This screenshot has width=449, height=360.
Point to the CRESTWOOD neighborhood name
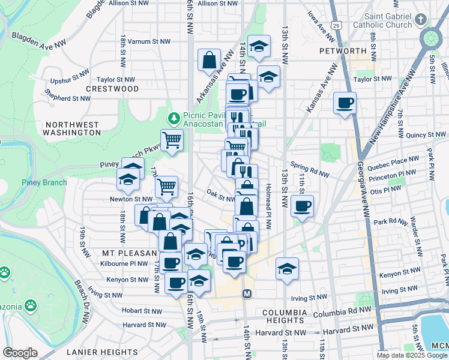tap(112, 89)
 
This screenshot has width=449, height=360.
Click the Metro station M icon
tap(246, 294)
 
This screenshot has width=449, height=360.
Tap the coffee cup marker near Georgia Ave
tap(345, 104)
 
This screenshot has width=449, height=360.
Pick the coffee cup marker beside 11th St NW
tap(302, 206)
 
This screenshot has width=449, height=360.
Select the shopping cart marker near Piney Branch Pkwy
tap(172, 140)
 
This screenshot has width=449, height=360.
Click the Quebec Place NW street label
tap(396, 160)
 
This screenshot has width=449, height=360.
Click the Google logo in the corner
tap(20, 353)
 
